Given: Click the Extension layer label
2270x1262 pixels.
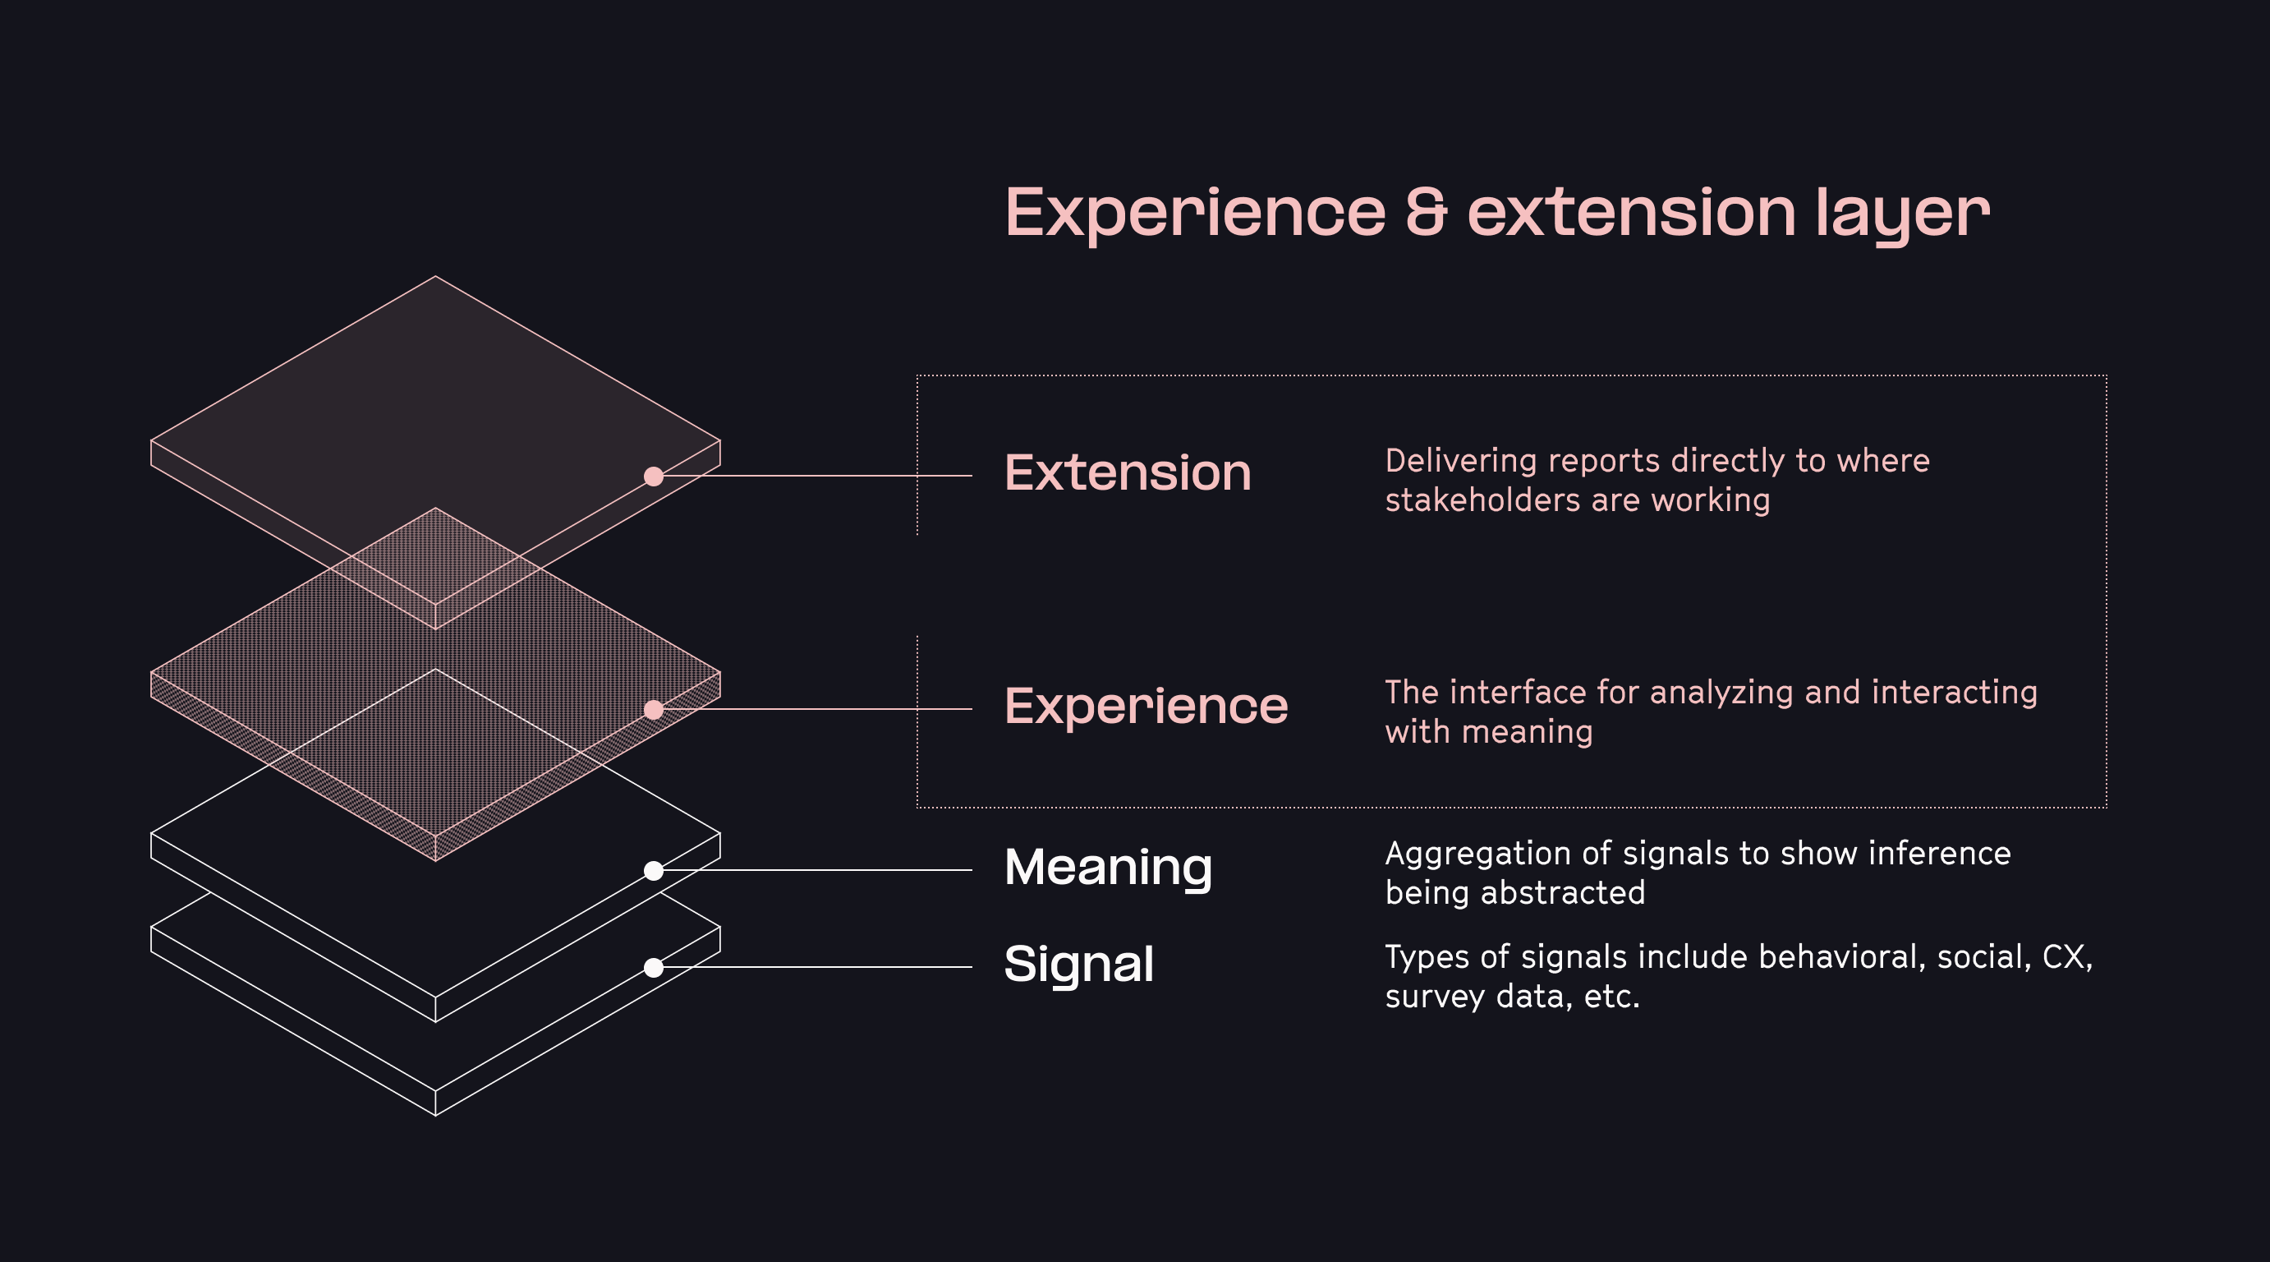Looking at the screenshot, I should (x=1127, y=473).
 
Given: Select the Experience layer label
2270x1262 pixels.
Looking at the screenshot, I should (x=1146, y=707).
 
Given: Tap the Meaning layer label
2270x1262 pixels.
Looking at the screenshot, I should (x=1108, y=867).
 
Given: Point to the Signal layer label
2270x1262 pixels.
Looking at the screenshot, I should (x=1078, y=964).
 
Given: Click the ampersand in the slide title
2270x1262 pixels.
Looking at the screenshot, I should (x=1426, y=213).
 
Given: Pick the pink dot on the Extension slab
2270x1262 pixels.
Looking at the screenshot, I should (x=653, y=476).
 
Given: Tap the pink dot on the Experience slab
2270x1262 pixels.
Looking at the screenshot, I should (x=653, y=709).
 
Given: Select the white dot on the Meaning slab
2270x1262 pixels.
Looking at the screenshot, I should (x=653, y=871).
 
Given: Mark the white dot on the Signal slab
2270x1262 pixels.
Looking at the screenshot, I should (x=653, y=968).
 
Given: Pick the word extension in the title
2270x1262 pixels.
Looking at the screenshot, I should (x=1630, y=213).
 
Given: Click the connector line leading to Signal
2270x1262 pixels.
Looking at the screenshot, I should (x=820, y=967).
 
